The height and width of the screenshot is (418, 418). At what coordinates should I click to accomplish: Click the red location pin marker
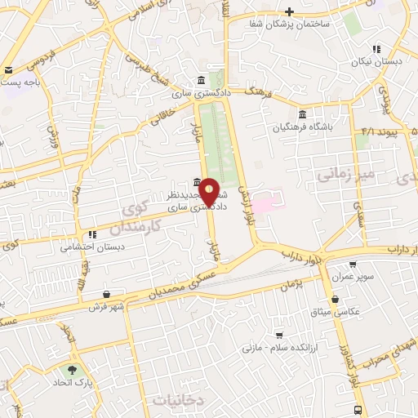(209, 193)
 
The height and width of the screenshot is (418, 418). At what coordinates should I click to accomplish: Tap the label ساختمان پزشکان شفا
(291, 24)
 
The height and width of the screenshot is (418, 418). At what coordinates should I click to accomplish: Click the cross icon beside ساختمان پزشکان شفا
(289, 11)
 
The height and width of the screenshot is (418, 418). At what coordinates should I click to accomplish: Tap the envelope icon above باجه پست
(9, 70)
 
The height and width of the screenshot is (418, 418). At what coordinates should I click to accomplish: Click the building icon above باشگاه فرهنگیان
(303, 113)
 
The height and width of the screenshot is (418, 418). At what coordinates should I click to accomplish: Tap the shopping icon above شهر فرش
(107, 294)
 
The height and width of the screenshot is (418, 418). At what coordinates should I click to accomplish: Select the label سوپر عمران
(353, 277)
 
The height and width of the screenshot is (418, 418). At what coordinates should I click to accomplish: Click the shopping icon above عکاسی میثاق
(336, 299)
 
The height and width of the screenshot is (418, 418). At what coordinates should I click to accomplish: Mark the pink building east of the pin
(264, 200)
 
